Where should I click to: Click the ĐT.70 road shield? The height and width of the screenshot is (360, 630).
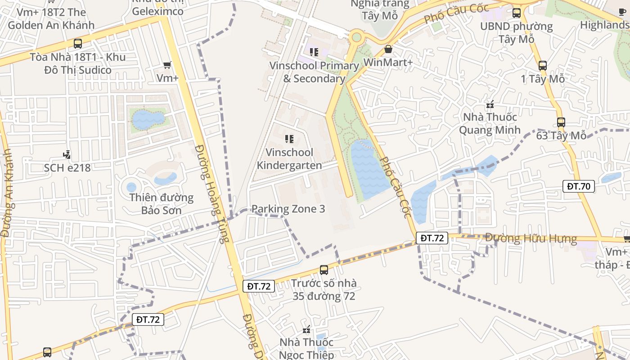tap(579, 186)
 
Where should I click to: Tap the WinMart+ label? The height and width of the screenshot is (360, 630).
tap(388, 62)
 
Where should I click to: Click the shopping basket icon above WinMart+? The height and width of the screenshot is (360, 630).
tap(388, 49)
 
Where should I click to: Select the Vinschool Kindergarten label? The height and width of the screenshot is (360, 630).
tap(289, 159)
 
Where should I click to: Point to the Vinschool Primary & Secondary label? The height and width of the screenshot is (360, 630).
tap(314, 72)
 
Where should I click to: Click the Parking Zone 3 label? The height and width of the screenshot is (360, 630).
tap(288, 209)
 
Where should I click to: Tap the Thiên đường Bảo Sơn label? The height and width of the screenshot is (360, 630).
tap(162, 204)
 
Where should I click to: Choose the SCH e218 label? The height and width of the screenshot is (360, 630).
tap(67, 168)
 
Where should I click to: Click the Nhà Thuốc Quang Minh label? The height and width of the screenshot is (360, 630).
tap(490, 123)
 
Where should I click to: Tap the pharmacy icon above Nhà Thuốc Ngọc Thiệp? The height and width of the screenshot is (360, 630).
tap(307, 330)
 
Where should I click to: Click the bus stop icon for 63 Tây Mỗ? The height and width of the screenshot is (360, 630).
tap(561, 122)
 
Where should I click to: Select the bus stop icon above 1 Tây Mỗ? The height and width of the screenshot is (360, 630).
tap(543, 66)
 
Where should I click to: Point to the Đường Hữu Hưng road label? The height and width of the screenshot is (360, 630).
tap(531, 238)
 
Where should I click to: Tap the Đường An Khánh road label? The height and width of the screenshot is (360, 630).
tap(6, 193)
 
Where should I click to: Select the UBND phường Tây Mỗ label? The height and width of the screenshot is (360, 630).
tap(516, 32)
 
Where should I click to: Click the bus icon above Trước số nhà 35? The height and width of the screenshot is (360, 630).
tap(324, 270)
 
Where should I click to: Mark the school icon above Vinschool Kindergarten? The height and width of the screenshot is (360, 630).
tap(289, 139)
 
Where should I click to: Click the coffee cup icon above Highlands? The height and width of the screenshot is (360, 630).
tap(622, 12)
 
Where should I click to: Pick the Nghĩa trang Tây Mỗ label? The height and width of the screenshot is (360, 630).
tap(380, 9)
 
